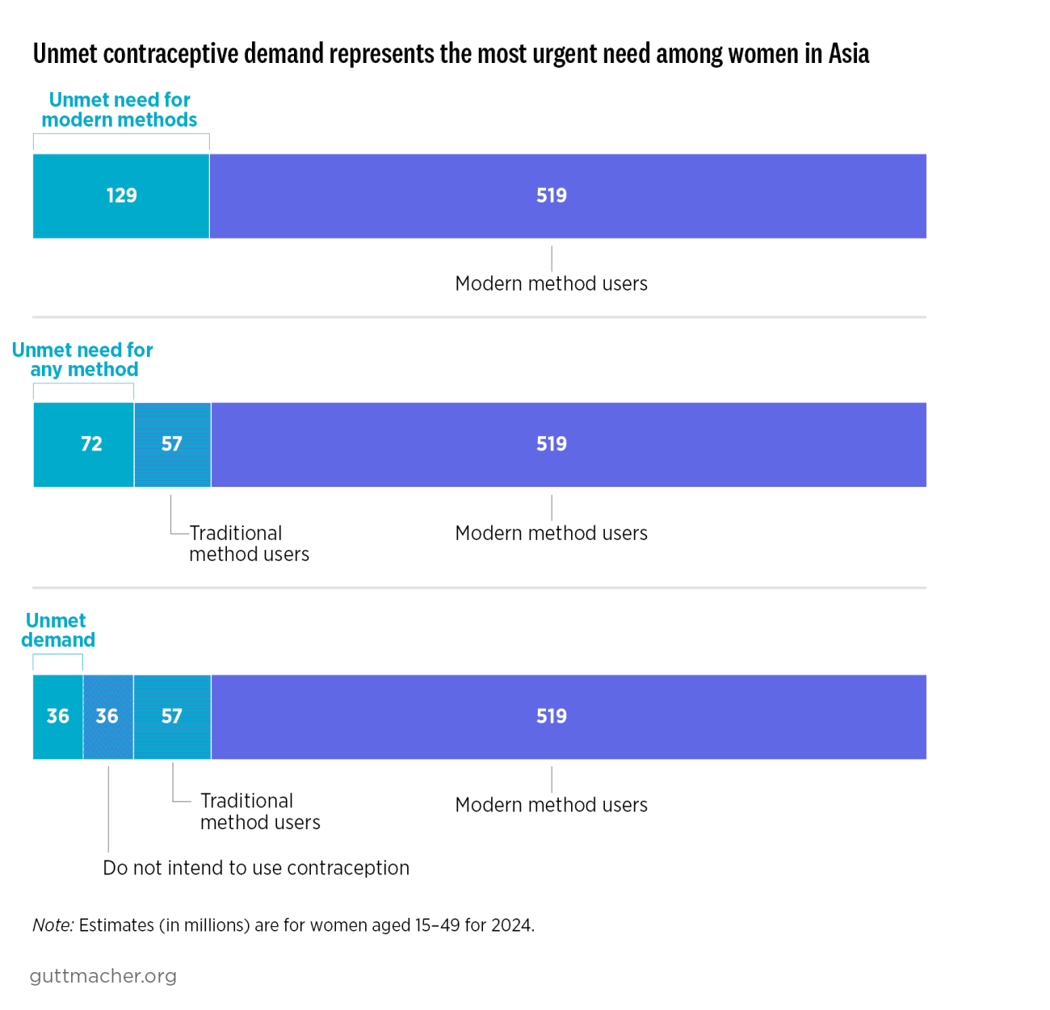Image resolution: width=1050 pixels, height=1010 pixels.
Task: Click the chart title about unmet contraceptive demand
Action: click(x=451, y=54)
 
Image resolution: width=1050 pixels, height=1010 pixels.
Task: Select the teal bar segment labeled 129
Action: click(x=121, y=196)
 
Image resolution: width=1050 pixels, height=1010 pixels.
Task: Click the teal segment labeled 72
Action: click(x=83, y=445)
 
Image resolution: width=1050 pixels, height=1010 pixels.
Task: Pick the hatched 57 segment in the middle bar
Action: click(x=172, y=445)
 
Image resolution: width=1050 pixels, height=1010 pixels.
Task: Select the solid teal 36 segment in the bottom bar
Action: click(x=57, y=717)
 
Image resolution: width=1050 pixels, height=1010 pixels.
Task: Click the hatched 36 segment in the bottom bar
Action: click(x=107, y=717)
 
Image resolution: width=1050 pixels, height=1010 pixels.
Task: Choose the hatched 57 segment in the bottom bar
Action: click(x=172, y=717)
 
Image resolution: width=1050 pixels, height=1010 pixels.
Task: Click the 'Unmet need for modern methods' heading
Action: click(x=120, y=110)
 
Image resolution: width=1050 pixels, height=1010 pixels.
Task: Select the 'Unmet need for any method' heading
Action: click(x=83, y=360)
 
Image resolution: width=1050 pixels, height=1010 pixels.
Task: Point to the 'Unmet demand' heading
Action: click(x=57, y=631)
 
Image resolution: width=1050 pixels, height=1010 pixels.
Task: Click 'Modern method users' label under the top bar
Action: click(x=551, y=284)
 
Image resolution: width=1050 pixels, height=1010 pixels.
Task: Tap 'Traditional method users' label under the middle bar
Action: click(x=248, y=543)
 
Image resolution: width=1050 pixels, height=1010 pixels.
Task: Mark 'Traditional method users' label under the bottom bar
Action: click(x=259, y=811)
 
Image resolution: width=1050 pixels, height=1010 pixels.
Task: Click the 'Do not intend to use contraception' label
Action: click(x=256, y=868)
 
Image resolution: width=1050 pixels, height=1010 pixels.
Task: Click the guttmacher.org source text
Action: click(x=103, y=976)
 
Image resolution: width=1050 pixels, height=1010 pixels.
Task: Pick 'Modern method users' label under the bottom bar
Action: click(x=551, y=805)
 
